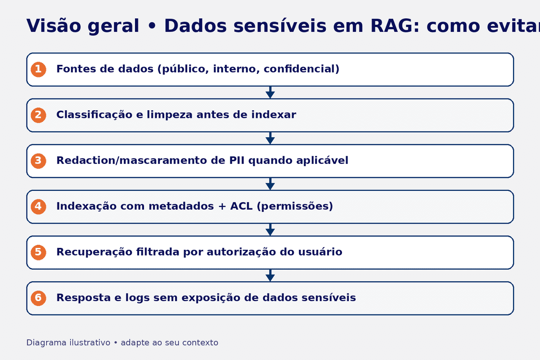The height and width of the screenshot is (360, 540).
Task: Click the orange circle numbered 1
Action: (x=38, y=69)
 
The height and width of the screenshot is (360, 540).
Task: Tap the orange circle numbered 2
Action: (x=38, y=115)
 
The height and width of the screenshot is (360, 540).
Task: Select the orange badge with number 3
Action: (x=38, y=161)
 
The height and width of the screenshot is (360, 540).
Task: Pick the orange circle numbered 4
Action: (x=38, y=207)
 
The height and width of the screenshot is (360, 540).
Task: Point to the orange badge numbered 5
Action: (x=38, y=252)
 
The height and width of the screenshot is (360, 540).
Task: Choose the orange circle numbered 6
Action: (x=38, y=298)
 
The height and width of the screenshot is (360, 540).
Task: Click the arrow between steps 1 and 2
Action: (x=270, y=92)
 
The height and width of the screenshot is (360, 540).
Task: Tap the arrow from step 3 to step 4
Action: (x=270, y=184)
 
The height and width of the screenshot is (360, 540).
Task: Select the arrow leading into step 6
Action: (x=270, y=275)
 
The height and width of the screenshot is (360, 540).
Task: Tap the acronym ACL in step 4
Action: (x=242, y=207)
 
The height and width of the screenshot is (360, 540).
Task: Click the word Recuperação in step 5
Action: (x=94, y=252)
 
